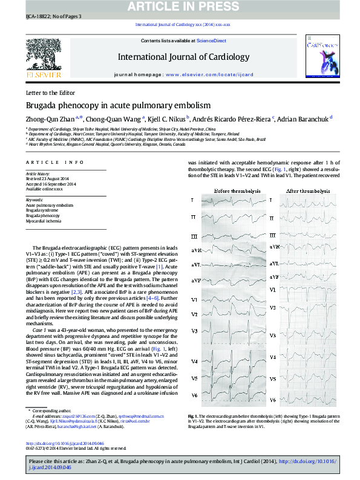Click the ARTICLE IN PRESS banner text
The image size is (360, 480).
click(180, 7)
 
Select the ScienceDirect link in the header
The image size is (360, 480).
click(211, 41)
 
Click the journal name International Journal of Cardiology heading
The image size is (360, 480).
click(183, 57)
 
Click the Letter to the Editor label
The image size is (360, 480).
click(51, 92)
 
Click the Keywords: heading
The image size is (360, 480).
click(35, 199)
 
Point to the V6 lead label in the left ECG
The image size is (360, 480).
click(194, 395)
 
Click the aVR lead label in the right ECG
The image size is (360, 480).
click(273, 247)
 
